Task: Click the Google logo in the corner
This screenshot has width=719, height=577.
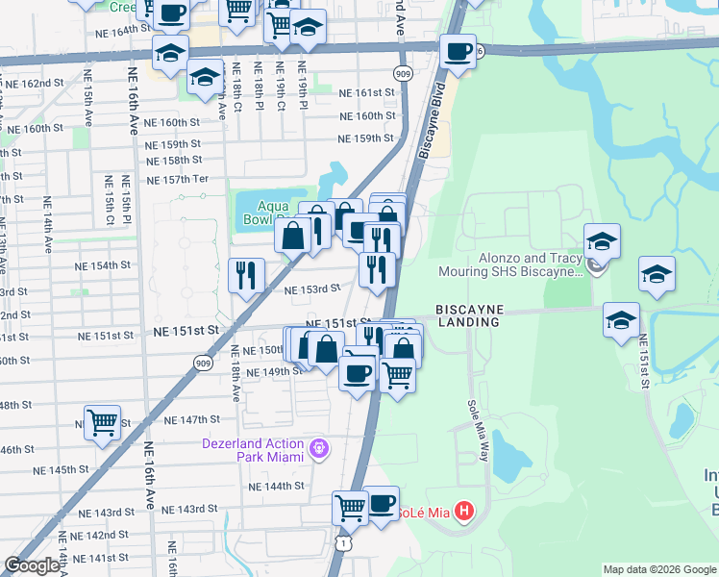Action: point(31,565)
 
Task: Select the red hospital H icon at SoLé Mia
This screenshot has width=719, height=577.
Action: point(464,509)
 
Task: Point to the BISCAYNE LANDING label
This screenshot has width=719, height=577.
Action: point(468,315)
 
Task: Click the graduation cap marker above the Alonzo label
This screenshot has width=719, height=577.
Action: point(602,240)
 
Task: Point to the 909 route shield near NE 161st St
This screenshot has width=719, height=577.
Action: point(403,73)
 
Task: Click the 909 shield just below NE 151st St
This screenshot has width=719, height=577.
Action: point(202,363)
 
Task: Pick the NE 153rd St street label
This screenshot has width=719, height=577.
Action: point(312,288)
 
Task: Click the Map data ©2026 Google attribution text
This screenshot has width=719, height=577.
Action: point(658,569)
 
